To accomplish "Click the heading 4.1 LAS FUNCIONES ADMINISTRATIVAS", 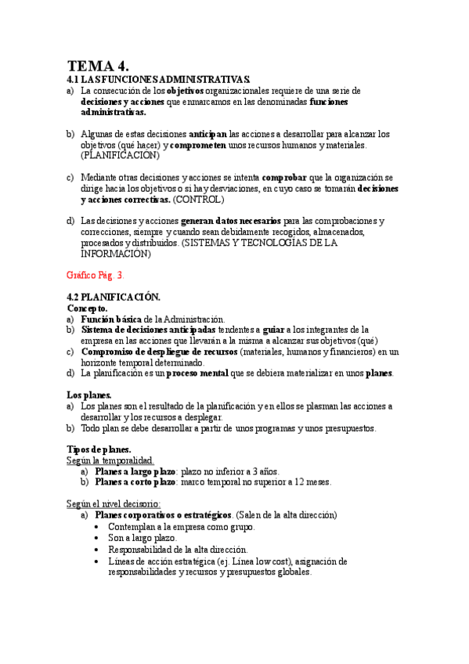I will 159,80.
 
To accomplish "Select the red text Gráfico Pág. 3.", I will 96,276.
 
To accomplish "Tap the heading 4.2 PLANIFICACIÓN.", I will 114,298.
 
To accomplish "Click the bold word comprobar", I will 284,178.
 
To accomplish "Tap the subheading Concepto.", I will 88,309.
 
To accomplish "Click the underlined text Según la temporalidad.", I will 110,460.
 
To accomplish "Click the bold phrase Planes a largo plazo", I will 135,471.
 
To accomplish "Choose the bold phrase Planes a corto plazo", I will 135,482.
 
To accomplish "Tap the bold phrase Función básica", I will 111,319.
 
